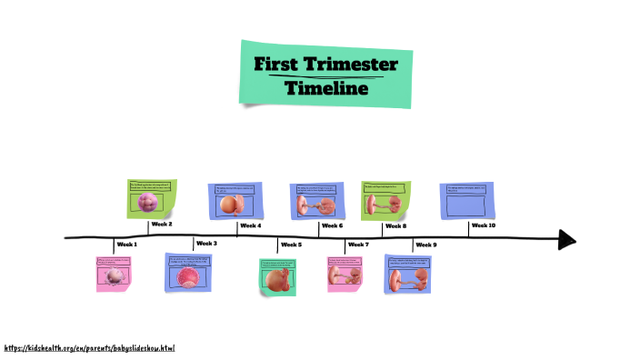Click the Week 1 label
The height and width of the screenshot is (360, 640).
[x=126, y=245]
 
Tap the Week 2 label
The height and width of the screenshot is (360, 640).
[x=162, y=224]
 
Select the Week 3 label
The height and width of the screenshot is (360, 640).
[x=206, y=244]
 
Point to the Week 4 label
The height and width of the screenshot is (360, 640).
[x=250, y=225]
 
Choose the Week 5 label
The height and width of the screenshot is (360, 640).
[x=291, y=245]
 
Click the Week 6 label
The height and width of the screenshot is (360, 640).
[x=332, y=225]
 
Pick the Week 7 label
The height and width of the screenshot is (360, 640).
[x=358, y=245]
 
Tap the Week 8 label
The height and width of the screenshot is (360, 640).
[x=395, y=225]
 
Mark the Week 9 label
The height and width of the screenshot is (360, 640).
[x=425, y=245]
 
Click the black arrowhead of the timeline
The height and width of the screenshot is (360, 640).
[x=566, y=239]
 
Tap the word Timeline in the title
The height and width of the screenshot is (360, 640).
[x=326, y=88]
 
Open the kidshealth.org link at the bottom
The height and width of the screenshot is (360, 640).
[x=88, y=348]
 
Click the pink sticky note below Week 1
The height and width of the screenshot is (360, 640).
[x=115, y=273]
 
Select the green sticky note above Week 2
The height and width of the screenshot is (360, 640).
[x=151, y=198]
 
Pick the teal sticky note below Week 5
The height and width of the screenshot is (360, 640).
[x=277, y=276]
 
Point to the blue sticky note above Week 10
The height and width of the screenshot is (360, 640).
[x=466, y=200]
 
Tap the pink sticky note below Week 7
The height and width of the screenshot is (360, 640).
[x=345, y=274]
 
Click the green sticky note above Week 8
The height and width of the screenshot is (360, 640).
[x=385, y=200]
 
